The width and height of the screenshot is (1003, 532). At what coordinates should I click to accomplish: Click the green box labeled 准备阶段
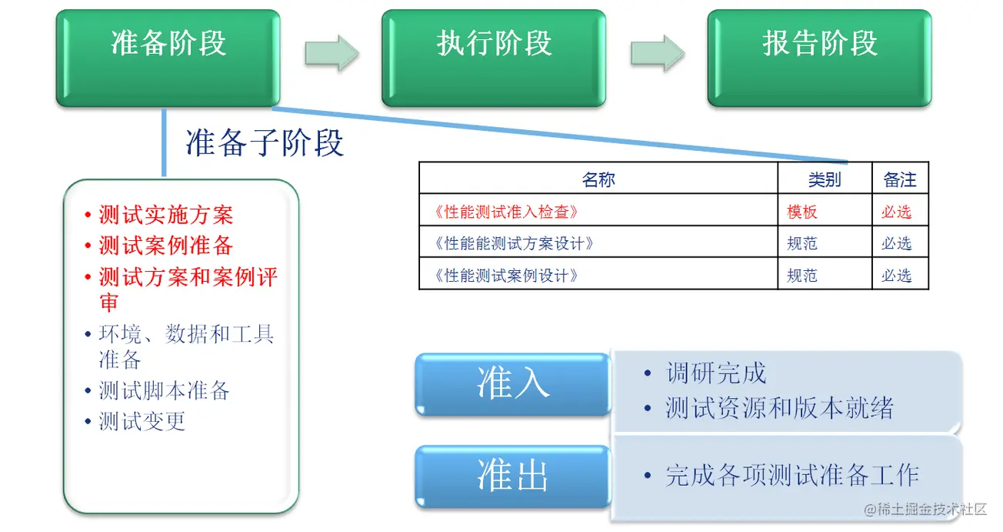(168, 57)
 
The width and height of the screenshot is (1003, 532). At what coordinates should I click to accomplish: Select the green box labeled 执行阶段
(494, 57)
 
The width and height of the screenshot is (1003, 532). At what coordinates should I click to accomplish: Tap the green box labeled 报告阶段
(820, 57)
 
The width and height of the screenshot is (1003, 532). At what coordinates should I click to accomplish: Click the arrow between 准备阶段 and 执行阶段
(332, 52)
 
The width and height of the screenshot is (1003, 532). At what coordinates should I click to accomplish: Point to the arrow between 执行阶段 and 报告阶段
(658, 52)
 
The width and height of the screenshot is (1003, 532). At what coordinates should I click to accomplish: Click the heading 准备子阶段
(265, 143)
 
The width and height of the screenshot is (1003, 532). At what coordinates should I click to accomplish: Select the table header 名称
(598, 179)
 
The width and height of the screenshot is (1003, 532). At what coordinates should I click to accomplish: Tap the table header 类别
(824, 179)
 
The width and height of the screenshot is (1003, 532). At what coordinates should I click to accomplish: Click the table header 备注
(900, 179)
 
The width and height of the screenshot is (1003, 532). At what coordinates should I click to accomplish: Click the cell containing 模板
(802, 212)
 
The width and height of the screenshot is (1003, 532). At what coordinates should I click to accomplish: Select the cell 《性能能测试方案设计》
(514, 243)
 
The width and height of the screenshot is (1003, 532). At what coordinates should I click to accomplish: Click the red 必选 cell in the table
(897, 212)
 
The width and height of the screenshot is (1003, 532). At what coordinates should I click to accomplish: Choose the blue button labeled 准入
(513, 383)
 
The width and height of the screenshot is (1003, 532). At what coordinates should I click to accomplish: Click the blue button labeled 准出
(513, 475)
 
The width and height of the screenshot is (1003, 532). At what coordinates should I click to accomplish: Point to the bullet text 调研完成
(716, 373)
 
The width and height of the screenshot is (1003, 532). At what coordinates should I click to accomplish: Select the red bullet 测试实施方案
(165, 215)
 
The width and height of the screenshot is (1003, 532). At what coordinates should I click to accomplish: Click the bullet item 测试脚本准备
(164, 390)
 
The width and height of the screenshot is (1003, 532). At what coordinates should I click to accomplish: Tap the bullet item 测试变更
(142, 421)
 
